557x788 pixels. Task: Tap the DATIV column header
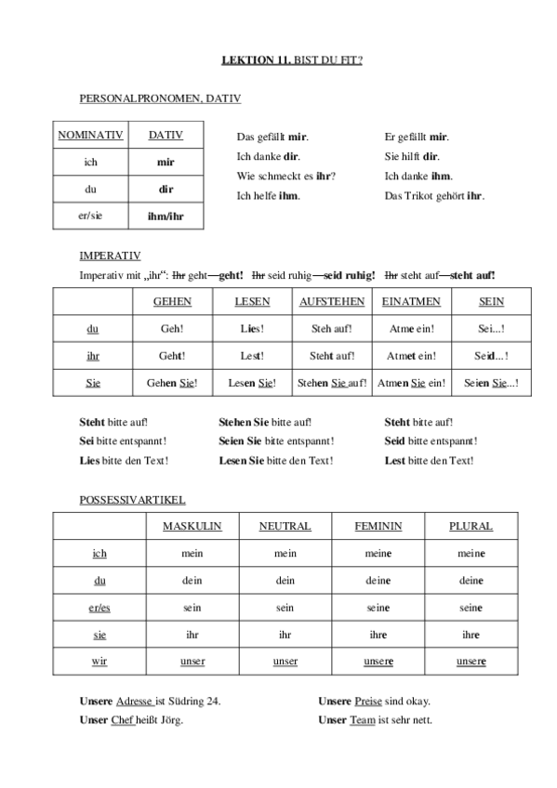tap(166, 135)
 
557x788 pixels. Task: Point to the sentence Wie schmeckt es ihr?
tap(286, 176)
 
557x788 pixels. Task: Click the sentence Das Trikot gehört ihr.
tap(434, 196)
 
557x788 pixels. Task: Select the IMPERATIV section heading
tap(111, 254)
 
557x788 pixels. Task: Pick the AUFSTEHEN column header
tap(332, 302)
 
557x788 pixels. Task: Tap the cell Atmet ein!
tap(411, 355)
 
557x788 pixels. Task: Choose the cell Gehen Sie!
tap(173, 382)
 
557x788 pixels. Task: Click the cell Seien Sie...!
tap(491, 382)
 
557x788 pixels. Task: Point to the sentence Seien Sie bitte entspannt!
tap(276, 440)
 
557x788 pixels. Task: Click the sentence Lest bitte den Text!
tap(429, 460)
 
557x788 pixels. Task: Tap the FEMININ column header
tap(378, 526)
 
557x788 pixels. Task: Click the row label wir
tap(99, 661)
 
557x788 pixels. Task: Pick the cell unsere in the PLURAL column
tap(471, 661)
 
